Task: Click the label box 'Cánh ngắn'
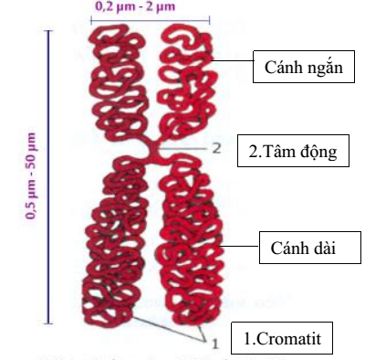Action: [x=302, y=68]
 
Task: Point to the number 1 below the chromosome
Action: [x=214, y=344]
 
